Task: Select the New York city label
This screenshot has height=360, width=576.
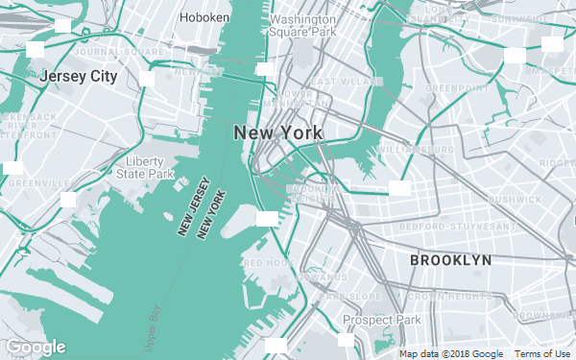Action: coord(278,132)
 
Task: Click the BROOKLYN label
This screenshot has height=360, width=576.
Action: coord(450,260)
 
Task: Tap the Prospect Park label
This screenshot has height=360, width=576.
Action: coord(382,320)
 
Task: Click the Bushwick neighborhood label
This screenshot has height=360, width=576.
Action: coord(516,199)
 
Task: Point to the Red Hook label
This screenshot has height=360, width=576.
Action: coord(268,262)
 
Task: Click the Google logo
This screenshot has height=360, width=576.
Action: coord(36,347)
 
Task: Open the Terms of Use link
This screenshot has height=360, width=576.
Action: coord(542,354)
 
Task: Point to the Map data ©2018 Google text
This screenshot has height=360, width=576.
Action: coord(451,354)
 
